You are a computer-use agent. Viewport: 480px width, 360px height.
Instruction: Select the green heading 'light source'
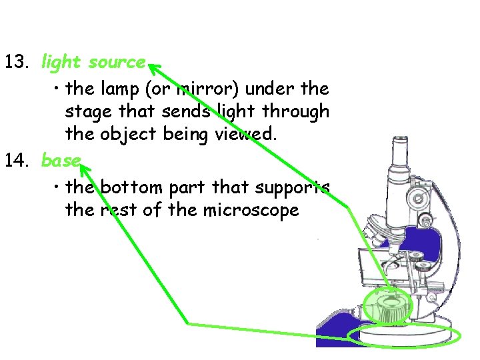pyautogui.click(x=93, y=63)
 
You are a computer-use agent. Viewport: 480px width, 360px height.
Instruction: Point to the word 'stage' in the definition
pyautogui.click(x=85, y=111)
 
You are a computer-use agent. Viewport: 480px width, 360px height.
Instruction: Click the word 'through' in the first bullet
pyautogui.click(x=295, y=111)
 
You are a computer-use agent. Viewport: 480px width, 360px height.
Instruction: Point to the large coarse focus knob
pyautogui.click(x=417, y=197)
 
